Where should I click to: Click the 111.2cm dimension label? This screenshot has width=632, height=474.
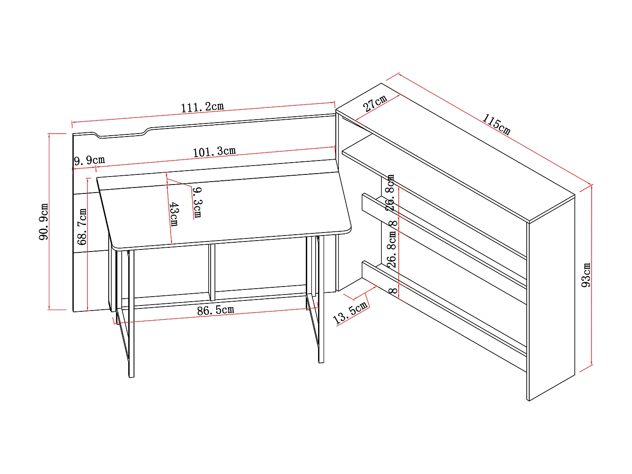[x=202, y=107]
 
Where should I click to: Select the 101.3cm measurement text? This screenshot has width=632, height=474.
[x=214, y=152]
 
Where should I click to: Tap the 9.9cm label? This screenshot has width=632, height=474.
[x=89, y=161]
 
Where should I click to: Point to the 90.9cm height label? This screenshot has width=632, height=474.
[x=44, y=222]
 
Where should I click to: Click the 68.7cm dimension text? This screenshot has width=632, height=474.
[x=82, y=227]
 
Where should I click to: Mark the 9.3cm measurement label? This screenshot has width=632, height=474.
[x=197, y=202]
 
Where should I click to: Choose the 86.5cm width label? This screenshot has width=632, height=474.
[x=215, y=311]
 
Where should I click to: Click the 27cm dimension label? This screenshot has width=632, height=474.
[x=375, y=103]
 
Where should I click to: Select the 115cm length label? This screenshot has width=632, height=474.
[x=496, y=124]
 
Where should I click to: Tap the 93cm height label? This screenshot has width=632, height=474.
[x=586, y=275]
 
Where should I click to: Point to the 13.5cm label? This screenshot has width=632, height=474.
[x=351, y=313]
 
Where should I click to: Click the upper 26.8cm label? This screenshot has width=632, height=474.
[x=391, y=193]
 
